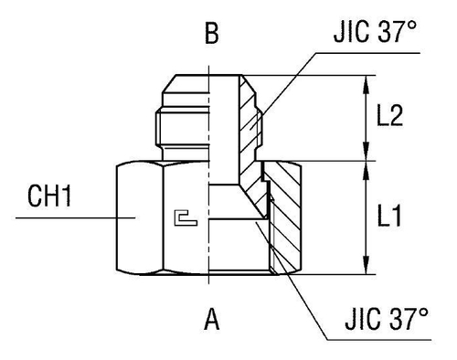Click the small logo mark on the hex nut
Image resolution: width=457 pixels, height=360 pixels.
click(185, 217)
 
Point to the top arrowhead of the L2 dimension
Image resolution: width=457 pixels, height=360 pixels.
click(367, 80)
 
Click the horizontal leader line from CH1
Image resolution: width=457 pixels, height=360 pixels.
click(73, 217)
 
